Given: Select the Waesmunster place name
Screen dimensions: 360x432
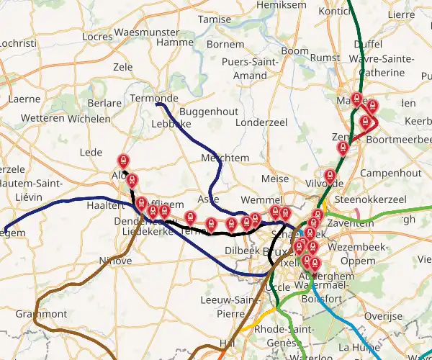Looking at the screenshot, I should click(145, 32).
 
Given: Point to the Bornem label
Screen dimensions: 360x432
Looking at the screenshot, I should click(225, 44).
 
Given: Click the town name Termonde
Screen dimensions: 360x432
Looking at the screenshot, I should click(154, 98).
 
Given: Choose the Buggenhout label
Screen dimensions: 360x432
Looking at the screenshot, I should click(208, 112).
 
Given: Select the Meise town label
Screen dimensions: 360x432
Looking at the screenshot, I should click(275, 179).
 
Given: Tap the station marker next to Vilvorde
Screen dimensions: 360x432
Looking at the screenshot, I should click(330, 175).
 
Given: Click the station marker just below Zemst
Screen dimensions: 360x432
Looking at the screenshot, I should click(343, 148).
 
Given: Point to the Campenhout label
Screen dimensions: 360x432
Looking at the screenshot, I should click(390, 174).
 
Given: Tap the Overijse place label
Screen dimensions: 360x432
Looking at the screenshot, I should click(382, 316).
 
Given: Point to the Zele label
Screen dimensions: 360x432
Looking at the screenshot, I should click(123, 67).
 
